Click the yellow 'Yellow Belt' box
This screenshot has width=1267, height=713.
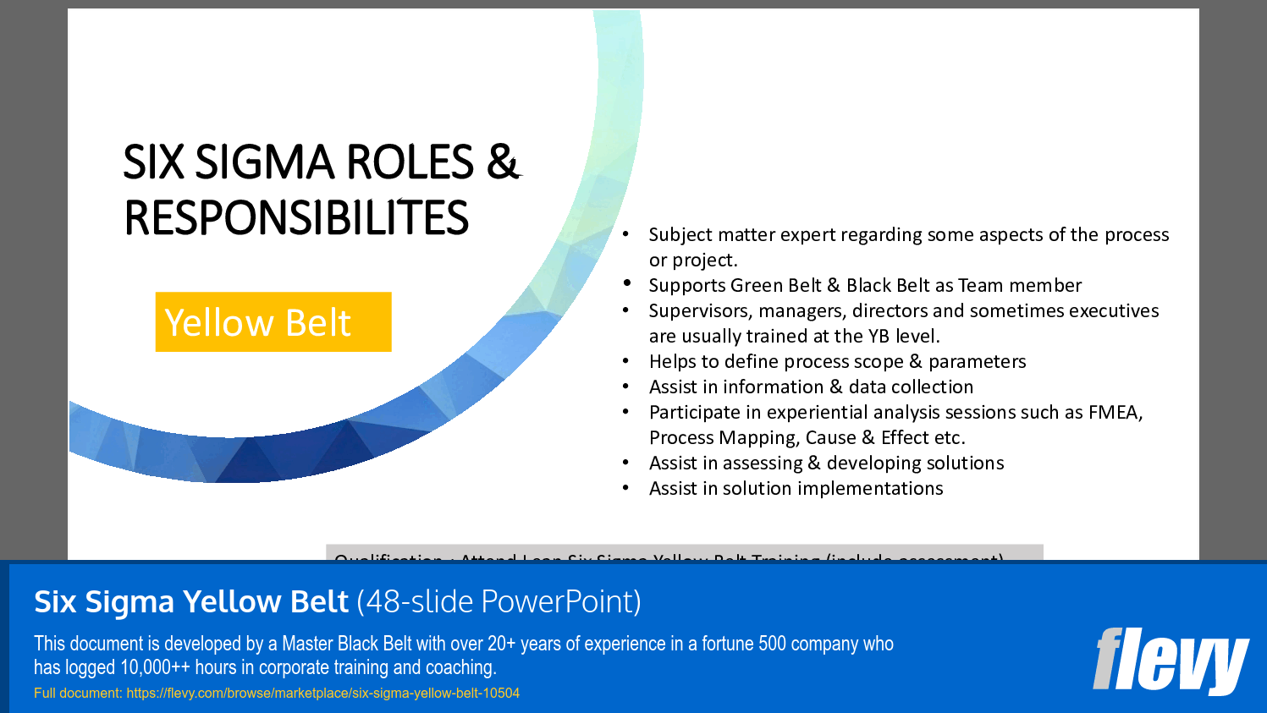(x=273, y=322)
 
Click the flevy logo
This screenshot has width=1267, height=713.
(x=1171, y=660)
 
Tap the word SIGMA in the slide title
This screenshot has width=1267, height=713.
(x=265, y=162)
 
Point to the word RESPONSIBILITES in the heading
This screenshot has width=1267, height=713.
(x=296, y=218)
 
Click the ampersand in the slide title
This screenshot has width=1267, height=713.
(x=503, y=162)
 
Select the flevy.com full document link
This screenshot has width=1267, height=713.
(x=322, y=694)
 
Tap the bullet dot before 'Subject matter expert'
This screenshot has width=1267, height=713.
(x=625, y=234)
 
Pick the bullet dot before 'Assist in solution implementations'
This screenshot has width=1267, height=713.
(x=625, y=488)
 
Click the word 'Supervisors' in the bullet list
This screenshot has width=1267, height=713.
(x=696, y=311)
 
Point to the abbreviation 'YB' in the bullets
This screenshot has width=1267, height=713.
(x=879, y=337)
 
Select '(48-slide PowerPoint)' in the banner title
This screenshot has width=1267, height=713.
(x=499, y=601)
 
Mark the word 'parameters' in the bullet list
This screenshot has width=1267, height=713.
(x=977, y=362)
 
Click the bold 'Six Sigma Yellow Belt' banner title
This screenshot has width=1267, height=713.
(x=191, y=601)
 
